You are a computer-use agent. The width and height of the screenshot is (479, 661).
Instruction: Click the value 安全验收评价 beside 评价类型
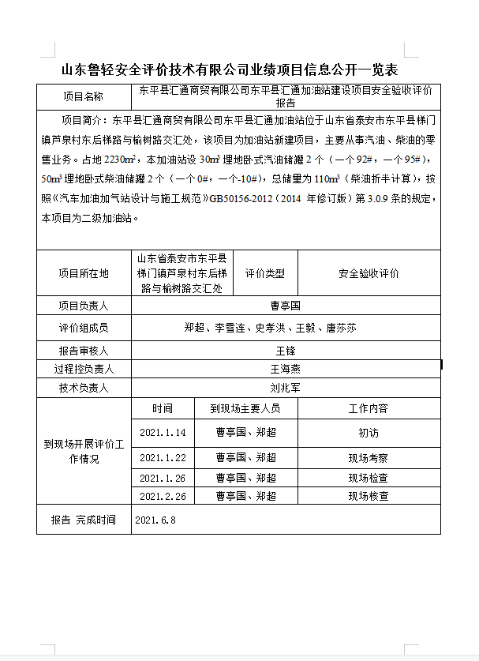[x=369, y=273]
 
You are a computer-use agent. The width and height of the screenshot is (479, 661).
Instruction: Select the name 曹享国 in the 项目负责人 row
[x=285, y=306]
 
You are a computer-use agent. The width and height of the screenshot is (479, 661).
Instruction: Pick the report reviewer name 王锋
[x=285, y=350]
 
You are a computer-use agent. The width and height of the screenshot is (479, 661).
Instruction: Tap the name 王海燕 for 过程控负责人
[x=285, y=369]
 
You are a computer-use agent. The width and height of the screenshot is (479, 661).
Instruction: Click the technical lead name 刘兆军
[x=285, y=388]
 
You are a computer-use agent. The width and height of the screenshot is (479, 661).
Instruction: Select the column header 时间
[x=163, y=408]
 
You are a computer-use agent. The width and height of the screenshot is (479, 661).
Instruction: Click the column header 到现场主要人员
[x=245, y=408]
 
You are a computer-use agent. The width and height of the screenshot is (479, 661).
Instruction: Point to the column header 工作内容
[x=368, y=408]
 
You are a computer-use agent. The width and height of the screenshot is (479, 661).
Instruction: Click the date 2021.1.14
[x=163, y=433]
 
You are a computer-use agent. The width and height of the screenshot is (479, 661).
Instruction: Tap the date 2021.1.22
[x=163, y=458]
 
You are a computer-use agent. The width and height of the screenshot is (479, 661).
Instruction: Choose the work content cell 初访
[x=368, y=433]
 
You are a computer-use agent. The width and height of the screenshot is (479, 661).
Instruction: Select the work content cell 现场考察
[x=368, y=458]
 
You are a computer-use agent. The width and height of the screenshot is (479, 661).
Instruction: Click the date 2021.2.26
[x=163, y=497]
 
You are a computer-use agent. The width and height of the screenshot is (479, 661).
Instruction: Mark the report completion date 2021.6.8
[x=155, y=520]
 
